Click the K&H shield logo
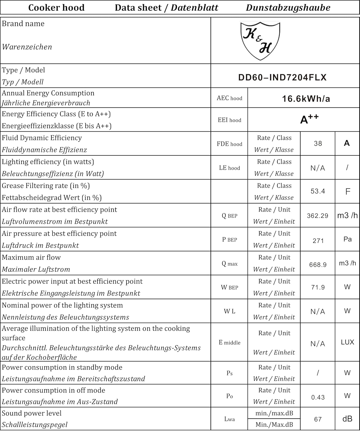pos(260,41)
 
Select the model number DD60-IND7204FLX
pos(282,77)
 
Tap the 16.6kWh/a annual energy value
pos(306,99)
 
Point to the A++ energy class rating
pos(309,119)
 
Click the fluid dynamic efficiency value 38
pos(318,143)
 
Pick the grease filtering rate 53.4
pos(318,191)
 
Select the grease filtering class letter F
pos(347,191)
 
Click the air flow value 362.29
pos(317,215)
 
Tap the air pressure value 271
pos(318,241)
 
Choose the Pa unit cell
pos(347,239)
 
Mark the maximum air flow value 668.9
pos(318,265)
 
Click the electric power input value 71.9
pos(318,287)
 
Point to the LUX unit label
pos(347,342)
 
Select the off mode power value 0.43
pos(318,397)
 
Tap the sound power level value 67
pos(318,419)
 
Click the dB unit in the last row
pos(347,419)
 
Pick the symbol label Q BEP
pos(229,216)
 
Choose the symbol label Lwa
pos(229,419)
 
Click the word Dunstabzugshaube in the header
pos(288,7)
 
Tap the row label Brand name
pos(23,24)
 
